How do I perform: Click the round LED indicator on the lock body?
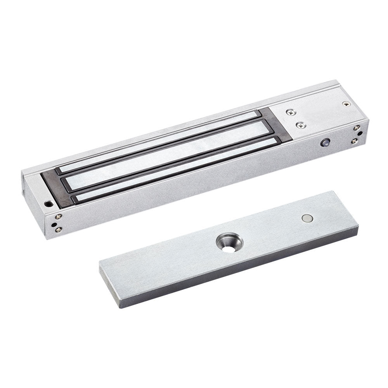(324, 142)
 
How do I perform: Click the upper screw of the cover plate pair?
(289, 113)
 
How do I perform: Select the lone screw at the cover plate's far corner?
(345, 104)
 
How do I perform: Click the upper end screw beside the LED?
(356, 128)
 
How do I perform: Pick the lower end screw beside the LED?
(354, 141)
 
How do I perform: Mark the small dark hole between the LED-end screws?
(360, 134)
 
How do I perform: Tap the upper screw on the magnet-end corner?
(59, 217)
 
